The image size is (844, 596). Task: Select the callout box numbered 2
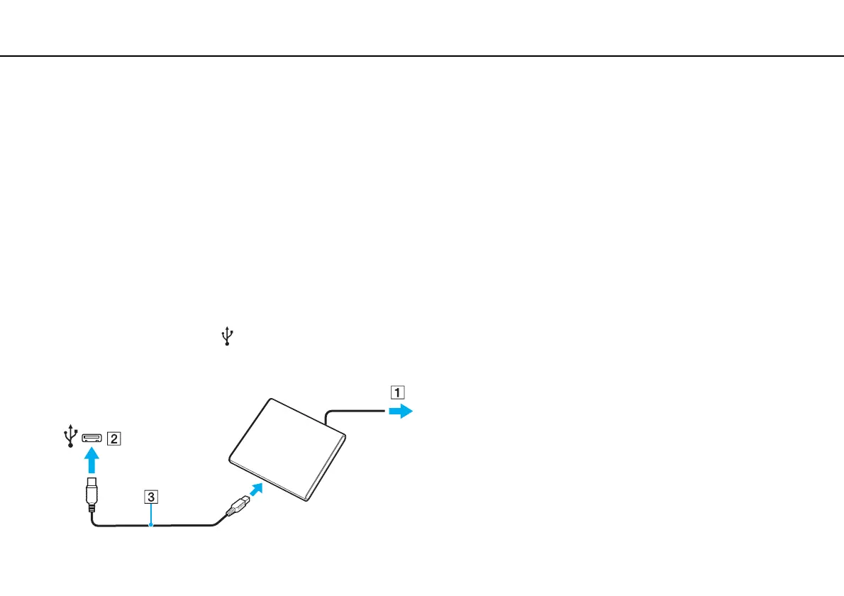click(x=113, y=438)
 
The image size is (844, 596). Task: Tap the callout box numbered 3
click(x=150, y=497)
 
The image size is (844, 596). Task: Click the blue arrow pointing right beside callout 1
click(x=401, y=412)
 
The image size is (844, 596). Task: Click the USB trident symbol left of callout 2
click(x=70, y=436)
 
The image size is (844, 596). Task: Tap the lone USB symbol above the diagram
click(x=227, y=336)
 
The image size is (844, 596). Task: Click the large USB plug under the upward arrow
click(x=91, y=490)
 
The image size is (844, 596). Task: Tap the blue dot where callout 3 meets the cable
click(x=151, y=525)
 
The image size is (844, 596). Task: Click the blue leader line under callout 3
click(x=151, y=514)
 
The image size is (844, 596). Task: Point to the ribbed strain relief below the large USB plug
click(x=91, y=508)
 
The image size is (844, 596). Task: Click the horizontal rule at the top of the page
click(x=422, y=57)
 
